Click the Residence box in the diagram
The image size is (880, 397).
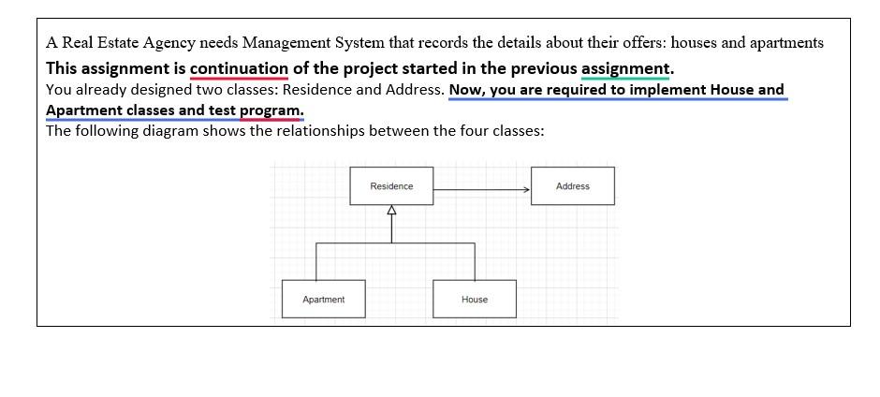391,186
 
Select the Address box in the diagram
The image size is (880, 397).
572,186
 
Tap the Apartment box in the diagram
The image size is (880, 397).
323,300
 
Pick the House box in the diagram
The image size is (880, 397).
475,300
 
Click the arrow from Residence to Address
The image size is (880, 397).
481,189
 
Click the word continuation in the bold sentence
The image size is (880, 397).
239,68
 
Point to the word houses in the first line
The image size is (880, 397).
695,43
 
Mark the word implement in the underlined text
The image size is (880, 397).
666,90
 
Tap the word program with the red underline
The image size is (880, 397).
271,110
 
